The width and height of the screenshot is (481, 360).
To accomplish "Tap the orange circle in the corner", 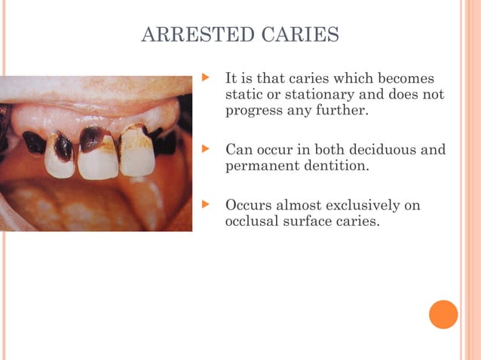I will click(443, 314).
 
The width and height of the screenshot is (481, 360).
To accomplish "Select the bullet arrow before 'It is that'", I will click(203, 78).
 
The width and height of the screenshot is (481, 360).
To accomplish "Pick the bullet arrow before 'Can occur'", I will click(203, 149).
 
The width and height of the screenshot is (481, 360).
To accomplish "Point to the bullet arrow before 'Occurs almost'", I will click(203, 205).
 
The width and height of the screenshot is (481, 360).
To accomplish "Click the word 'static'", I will click(243, 95).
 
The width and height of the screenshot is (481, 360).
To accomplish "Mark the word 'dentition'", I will click(336, 166).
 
